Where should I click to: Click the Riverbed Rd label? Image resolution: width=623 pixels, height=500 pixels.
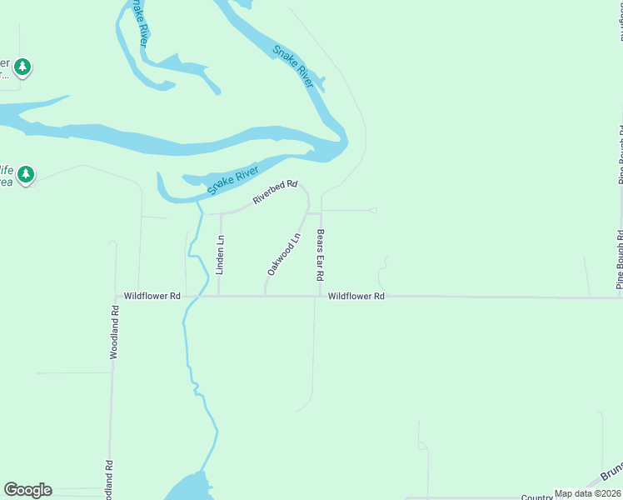(x=275, y=192)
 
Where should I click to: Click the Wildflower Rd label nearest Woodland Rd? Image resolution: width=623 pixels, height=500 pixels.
(x=152, y=296)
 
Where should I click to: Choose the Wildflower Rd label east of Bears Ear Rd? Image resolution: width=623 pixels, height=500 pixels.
(x=356, y=296)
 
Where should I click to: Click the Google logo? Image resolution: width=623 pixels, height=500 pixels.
(x=27, y=490)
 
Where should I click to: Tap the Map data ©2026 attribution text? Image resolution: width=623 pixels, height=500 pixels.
(x=587, y=493)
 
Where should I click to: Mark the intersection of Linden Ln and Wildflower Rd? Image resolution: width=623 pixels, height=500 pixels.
(x=219, y=296)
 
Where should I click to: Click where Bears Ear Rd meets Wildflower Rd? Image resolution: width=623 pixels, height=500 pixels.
(x=321, y=296)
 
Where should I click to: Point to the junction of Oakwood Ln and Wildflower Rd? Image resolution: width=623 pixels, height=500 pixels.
(x=266, y=296)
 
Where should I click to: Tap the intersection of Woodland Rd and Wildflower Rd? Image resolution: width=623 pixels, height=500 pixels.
(x=113, y=296)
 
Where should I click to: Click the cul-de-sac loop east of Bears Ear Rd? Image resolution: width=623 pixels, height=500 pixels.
(x=374, y=211)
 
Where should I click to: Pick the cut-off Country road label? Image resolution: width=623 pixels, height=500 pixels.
(x=536, y=497)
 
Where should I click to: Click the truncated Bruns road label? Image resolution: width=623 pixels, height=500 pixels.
(x=611, y=472)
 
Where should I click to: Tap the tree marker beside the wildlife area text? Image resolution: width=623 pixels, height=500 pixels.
(x=27, y=174)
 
